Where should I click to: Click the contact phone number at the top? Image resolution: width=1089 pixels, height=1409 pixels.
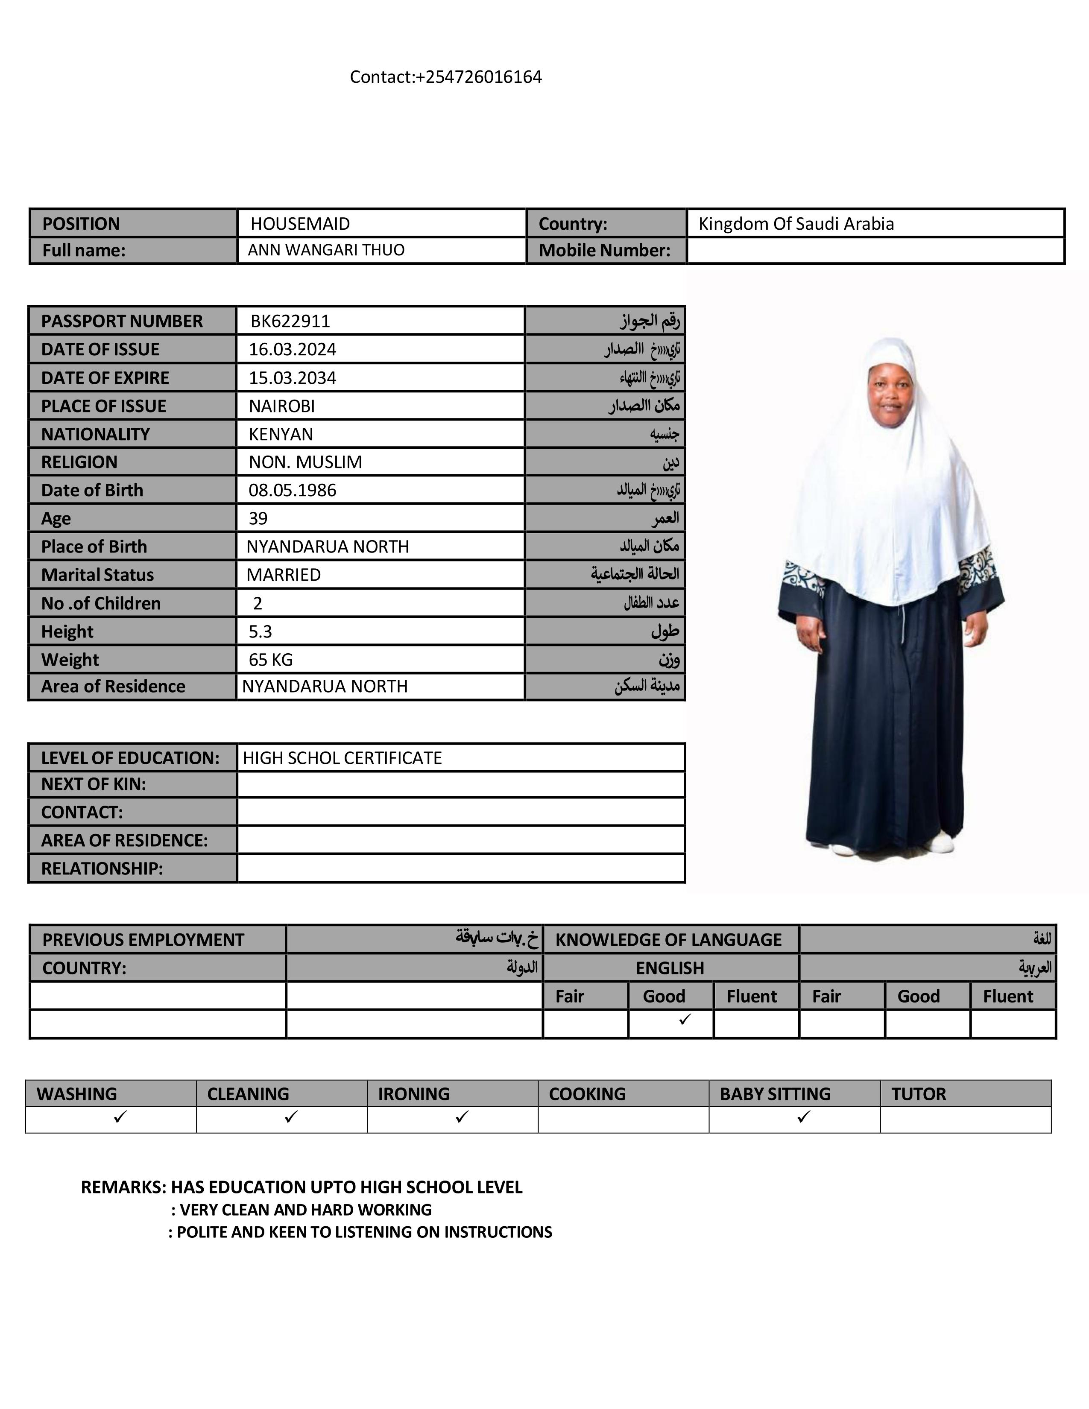[446, 77]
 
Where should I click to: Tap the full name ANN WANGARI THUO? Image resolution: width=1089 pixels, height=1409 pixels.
[326, 250]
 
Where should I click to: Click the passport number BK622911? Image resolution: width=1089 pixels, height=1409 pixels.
[290, 321]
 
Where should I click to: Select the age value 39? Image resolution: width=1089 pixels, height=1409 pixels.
[258, 519]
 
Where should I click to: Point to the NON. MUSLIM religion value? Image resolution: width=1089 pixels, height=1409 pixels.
[305, 462]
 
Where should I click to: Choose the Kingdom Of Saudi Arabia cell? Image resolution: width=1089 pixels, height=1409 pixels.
[796, 224]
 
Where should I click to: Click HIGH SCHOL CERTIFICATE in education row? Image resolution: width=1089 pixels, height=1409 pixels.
[342, 758]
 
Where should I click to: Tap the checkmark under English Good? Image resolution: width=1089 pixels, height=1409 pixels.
[685, 1019]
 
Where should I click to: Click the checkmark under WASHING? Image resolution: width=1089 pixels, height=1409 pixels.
[120, 1116]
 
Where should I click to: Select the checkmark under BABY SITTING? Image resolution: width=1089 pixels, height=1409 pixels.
[803, 1116]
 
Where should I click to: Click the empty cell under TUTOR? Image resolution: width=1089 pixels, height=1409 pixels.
[965, 1120]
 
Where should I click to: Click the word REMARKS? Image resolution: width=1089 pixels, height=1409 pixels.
[123, 1187]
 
